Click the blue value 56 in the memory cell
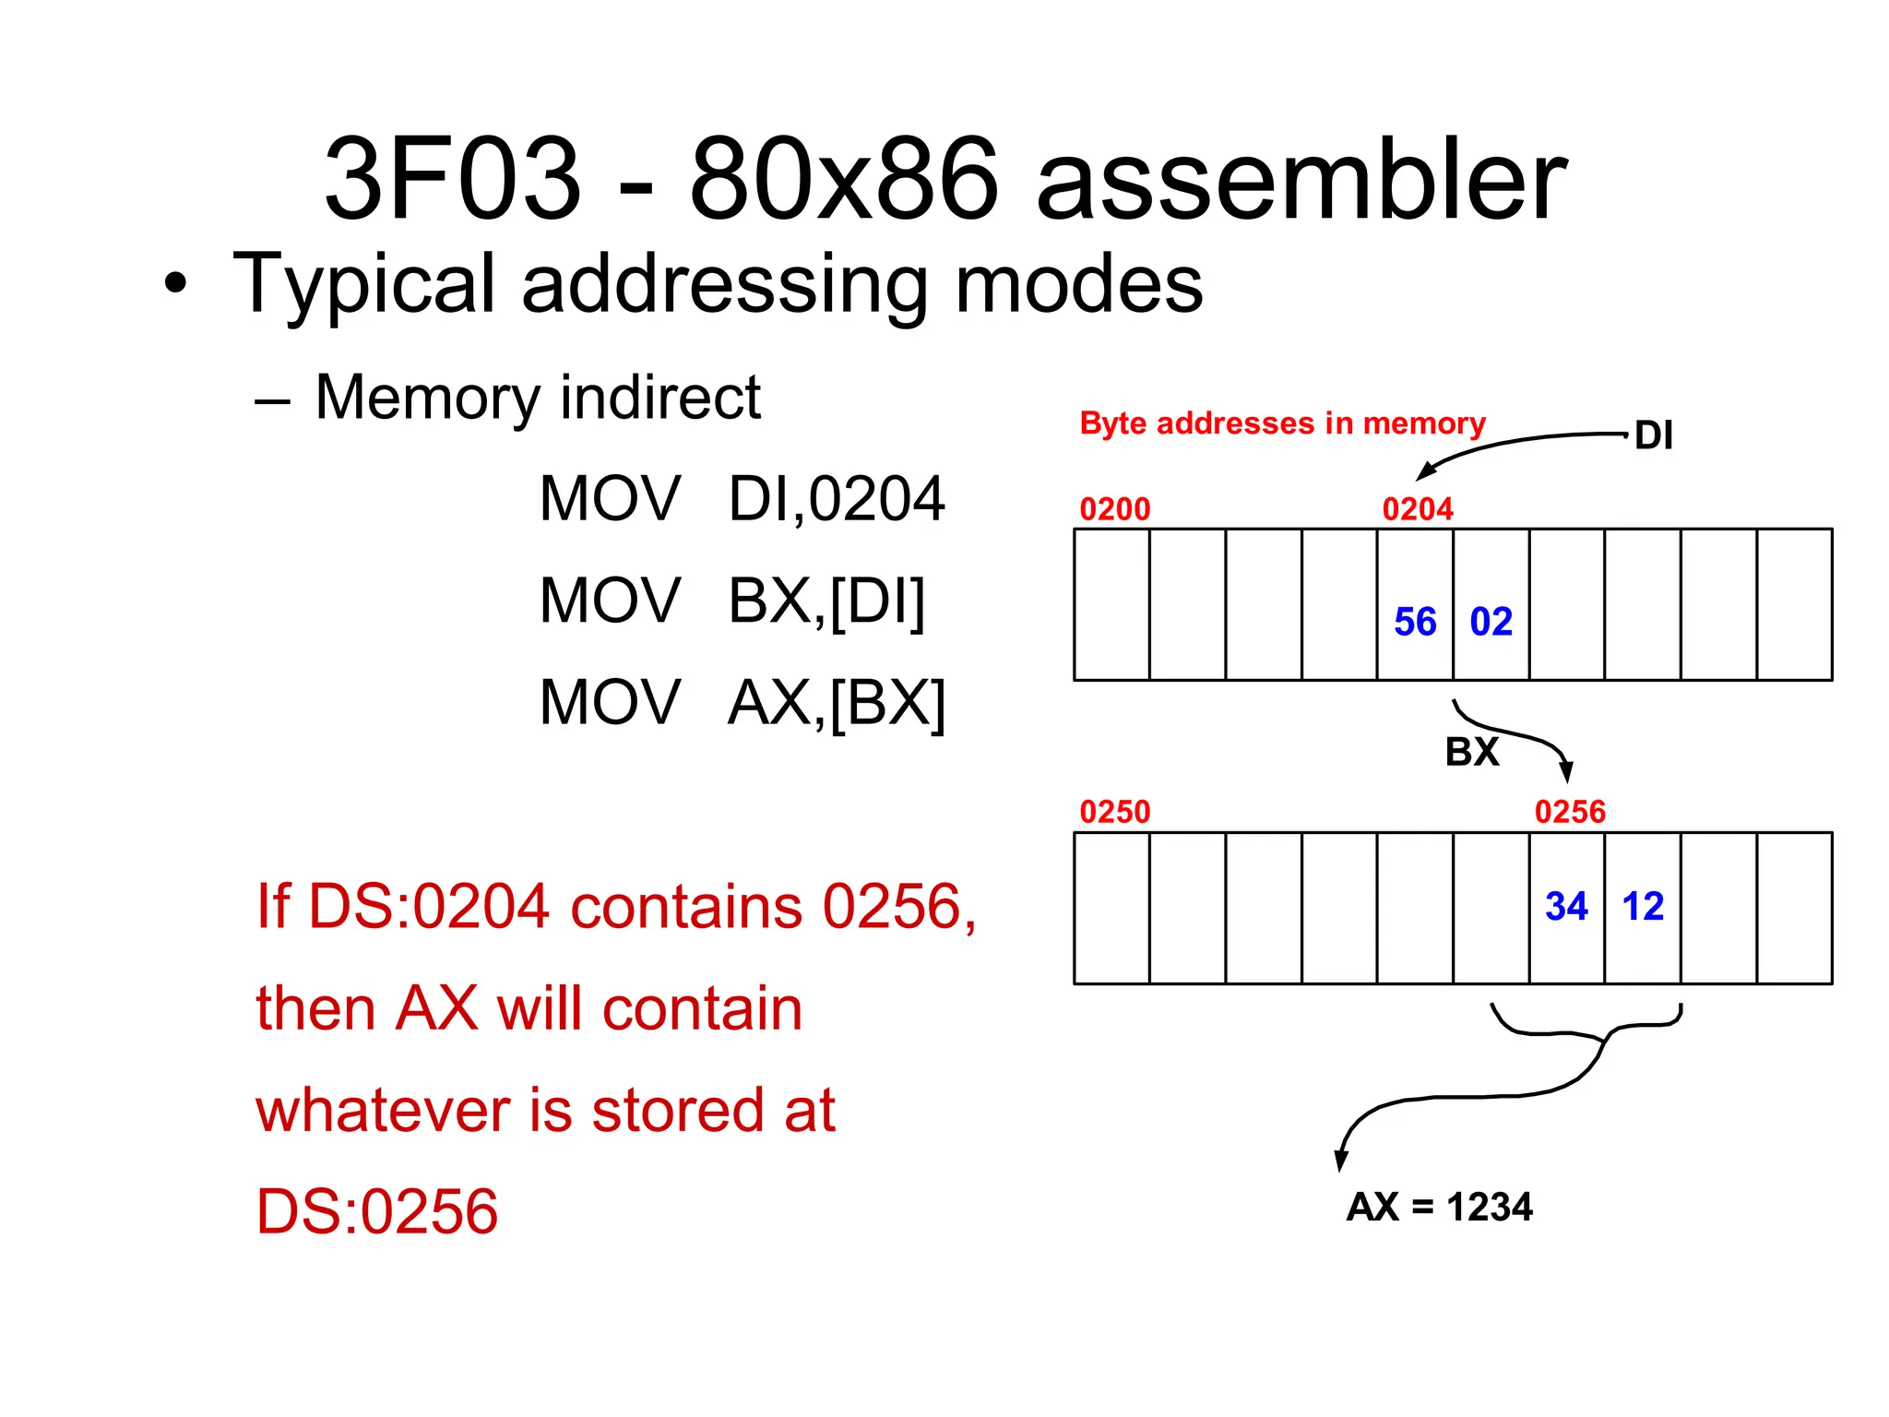point(1415,622)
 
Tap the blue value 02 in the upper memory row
point(1491,622)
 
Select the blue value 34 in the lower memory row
point(1566,906)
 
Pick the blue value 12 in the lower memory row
point(1643,906)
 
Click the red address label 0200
point(1115,509)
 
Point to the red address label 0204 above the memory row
point(1418,509)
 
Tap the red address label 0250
point(1115,812)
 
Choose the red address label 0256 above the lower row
point(1570,812)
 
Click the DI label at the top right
point(1654,435)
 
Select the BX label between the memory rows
point(1472,752)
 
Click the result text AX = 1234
point(1439,1207)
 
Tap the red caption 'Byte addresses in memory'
point(1282,423)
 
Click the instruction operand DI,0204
point(836,499)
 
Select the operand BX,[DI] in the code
point(826,601)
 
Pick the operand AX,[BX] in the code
point(836,703)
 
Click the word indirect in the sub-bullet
point(660,397)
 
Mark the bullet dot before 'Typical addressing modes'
point(175,284)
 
